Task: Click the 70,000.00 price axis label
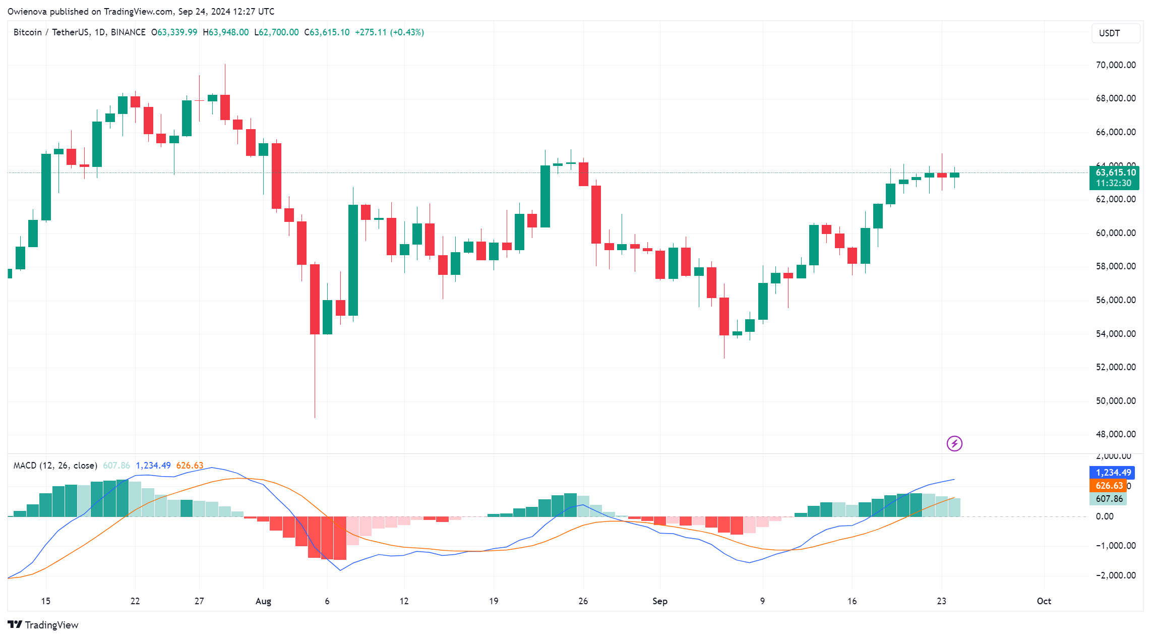[x=1115, y=65]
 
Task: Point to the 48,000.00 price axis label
[x=1115, y=434]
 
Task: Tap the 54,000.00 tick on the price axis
[x=1115, y=334]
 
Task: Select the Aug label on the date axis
[x=263, y=601]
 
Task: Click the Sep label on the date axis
[x=659, y=601]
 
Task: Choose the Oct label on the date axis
[x=1044, y=601]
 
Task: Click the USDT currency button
[x=1115, y=33]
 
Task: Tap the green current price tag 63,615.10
[x=1115, y=172]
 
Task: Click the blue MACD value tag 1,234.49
[x=1113, y=473]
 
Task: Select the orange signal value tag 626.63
[x=1109, y=486]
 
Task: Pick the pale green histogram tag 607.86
[x=1109, y=499]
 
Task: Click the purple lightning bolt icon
[x=954, y=444]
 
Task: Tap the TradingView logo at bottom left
[x=43, y=625]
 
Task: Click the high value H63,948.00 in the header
[x=226, y=32]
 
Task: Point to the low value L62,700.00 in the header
[x=276, y=32]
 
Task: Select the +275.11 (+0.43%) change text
[x=389, y=32]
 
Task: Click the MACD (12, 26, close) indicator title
[x=55, y=466]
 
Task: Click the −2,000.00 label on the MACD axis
[x=1115, y=575]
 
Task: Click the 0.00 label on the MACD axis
[x=1104, y=516]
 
